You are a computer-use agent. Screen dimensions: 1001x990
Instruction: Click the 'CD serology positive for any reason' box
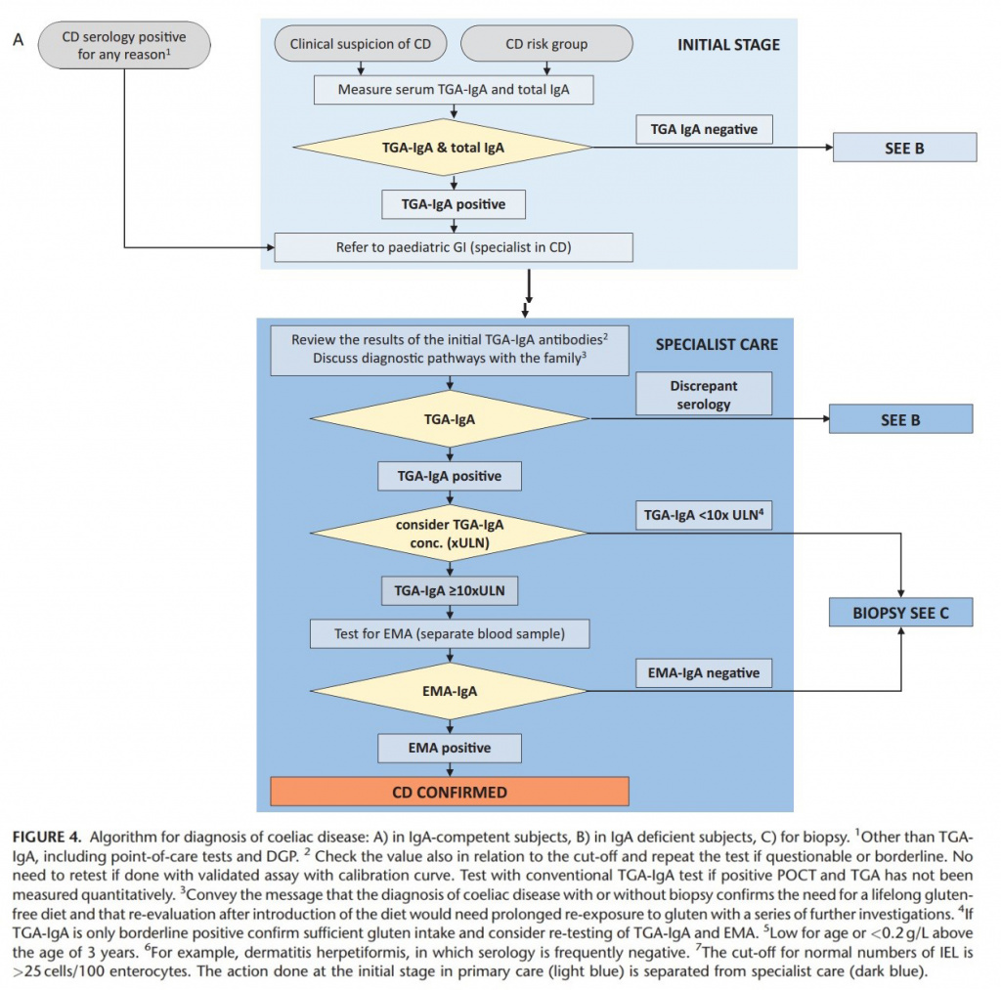click(x=124, y=45)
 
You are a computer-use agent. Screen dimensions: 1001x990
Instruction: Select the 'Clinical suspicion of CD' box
click(x=361, y=44)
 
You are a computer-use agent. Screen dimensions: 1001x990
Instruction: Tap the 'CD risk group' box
click(x=546, y=44)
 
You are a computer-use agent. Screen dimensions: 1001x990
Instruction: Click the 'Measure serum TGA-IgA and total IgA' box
click(x=454, y=89)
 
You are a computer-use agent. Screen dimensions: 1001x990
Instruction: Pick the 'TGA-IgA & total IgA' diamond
click(x=443, y=148)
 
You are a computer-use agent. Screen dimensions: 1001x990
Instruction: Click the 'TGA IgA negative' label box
click(x=704, y=130)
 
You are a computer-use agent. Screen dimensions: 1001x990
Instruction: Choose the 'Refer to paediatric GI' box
click(x=454, y=247)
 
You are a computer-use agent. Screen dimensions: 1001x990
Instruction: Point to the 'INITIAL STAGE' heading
click(x=728, y=45)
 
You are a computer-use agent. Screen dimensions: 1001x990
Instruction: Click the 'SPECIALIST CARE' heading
click(x=717, y=345)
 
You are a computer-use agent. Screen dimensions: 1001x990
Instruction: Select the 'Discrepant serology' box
click(x=704, y=395)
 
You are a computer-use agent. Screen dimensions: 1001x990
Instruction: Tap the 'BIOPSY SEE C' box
click(x=900, y=612)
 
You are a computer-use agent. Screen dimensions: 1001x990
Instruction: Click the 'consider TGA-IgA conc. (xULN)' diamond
click(x=450, y=533)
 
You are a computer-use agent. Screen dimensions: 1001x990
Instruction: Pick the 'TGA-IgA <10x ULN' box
click(x=704, y=515)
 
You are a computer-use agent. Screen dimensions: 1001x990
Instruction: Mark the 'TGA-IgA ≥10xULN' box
click(x=450, y=591)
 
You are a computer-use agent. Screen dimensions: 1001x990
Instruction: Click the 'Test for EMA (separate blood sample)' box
click(x=450, y=634)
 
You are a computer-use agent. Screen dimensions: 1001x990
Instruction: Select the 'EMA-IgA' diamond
click(x=450, y=691)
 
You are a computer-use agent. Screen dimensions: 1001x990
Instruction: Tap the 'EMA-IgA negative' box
click(x=704, y=672)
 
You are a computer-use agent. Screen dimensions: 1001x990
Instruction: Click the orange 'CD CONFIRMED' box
click(x=450, y=792)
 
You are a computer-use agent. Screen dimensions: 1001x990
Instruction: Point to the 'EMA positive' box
click(x=450, y=748)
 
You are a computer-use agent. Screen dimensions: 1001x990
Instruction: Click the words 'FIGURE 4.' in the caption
click(x=47, y=837)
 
